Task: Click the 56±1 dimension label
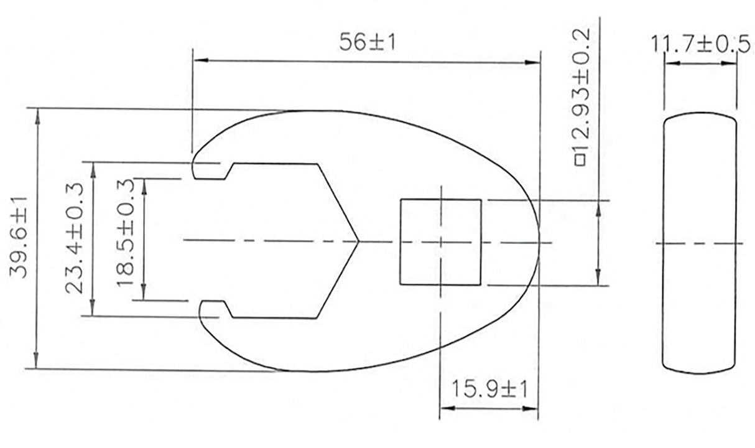coord(368,43)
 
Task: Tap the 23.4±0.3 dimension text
coord(75,239)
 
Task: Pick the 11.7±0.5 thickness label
coord(699,45)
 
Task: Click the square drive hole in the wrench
coord(440,242)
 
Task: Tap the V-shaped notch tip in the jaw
coord(358,241)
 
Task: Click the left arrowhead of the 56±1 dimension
coord(198,61)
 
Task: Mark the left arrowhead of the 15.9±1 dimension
coord(445,409)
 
